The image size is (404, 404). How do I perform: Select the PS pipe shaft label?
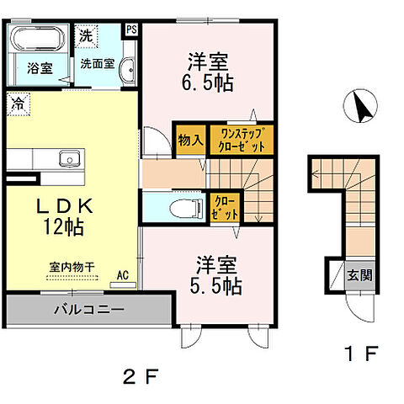[130, 29]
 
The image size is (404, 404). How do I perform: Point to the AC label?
[123, 274]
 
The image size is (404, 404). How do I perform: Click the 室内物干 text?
[71, 267]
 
